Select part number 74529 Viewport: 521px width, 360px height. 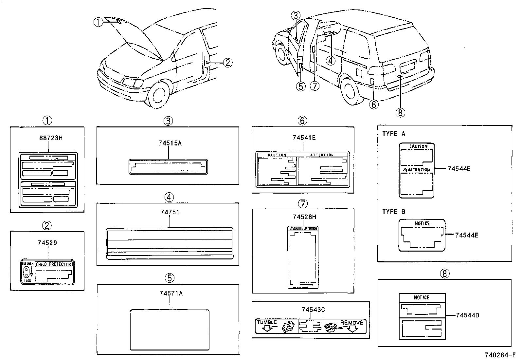coord(47,243)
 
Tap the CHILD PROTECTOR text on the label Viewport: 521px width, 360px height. coord(53,264)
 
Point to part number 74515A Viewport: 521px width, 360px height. coord(170,143)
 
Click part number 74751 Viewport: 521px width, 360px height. coord(170,212)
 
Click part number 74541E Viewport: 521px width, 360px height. coord(304,138)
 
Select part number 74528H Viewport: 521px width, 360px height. coord(304,217)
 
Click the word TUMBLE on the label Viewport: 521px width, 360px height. coord(267,322)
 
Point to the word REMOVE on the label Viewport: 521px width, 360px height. coord(351,323)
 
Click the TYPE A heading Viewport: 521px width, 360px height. coord(394,134)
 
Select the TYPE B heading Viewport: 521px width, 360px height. coord(394,212)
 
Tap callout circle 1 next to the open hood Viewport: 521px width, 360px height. coord(98,22)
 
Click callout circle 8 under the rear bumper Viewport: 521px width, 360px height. coord(400,113)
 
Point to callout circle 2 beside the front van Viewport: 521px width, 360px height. coord(228,63)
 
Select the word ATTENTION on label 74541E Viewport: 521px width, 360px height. coord(322,155)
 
